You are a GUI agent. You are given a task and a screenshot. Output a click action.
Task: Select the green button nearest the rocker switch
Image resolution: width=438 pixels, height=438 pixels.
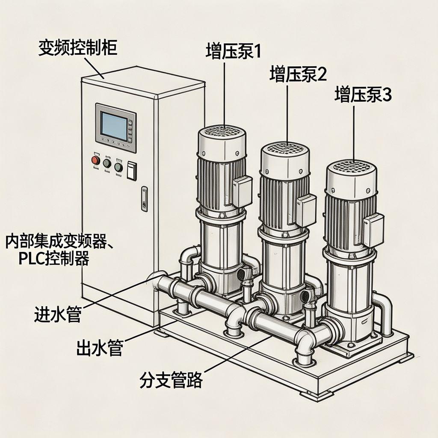(x=118, y=167)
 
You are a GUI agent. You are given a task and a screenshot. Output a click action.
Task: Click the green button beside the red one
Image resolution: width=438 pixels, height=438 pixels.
(x=107, y=163)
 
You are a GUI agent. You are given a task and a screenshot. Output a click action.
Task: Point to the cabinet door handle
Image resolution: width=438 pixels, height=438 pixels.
(x=144, y=198)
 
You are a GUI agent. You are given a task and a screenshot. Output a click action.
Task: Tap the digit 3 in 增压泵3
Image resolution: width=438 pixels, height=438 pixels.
(x=386, y=95)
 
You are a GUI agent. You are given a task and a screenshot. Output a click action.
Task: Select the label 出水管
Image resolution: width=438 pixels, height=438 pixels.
(x=100, y=347)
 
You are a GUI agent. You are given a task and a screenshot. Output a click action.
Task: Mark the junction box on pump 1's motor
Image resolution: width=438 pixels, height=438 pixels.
(x=242, y=191)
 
